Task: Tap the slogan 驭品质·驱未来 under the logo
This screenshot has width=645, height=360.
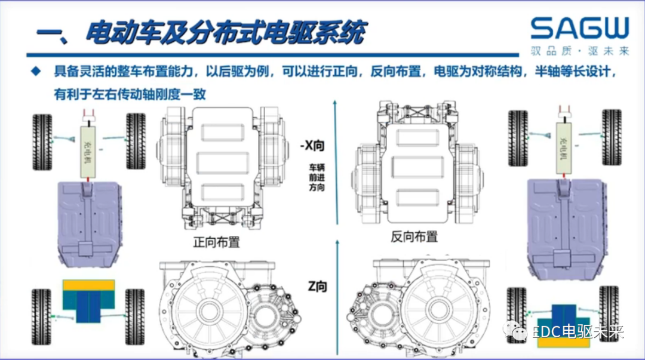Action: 580,51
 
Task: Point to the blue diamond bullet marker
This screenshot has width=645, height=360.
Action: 37,72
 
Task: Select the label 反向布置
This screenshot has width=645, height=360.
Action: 414,236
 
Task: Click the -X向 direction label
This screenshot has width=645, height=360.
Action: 314,145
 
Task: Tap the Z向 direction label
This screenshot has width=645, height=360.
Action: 318,287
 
